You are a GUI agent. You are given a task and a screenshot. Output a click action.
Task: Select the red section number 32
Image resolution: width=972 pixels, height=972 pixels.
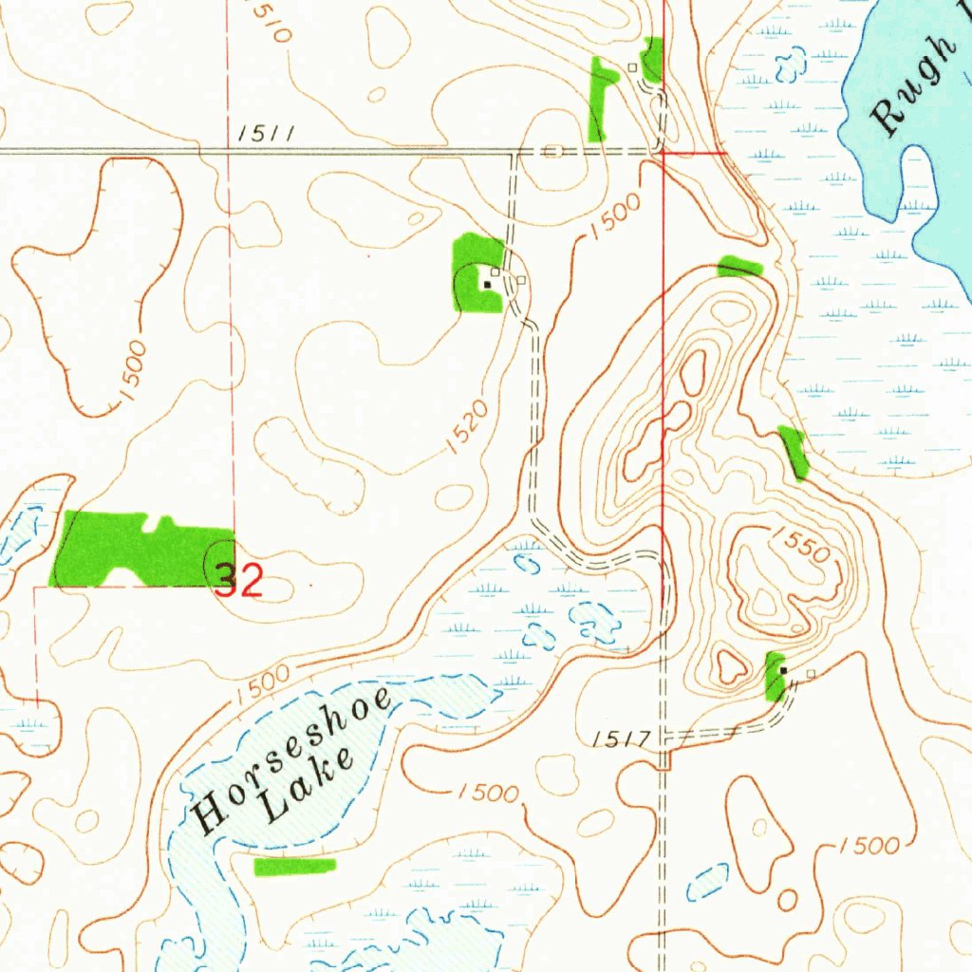point(237,580)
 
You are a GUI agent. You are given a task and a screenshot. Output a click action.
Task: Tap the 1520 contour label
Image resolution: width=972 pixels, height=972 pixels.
point(468,427)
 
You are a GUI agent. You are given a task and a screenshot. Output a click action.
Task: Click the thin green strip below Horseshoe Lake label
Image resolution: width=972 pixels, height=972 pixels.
point(295,866)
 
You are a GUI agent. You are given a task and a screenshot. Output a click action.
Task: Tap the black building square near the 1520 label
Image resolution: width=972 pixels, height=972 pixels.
point(488,283)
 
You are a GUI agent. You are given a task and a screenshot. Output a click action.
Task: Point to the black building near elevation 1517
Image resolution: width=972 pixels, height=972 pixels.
point(783,670)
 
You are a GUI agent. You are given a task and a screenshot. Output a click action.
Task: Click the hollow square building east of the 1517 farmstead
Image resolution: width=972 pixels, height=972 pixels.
point(811,673)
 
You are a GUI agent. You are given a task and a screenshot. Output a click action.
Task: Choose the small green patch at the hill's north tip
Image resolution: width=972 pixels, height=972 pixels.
point(739,267)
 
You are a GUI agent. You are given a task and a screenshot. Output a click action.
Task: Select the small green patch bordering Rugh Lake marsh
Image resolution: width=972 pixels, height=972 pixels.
point(794,452)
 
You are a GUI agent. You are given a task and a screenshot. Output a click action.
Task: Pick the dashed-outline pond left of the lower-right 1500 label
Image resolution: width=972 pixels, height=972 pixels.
point(708,882)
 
